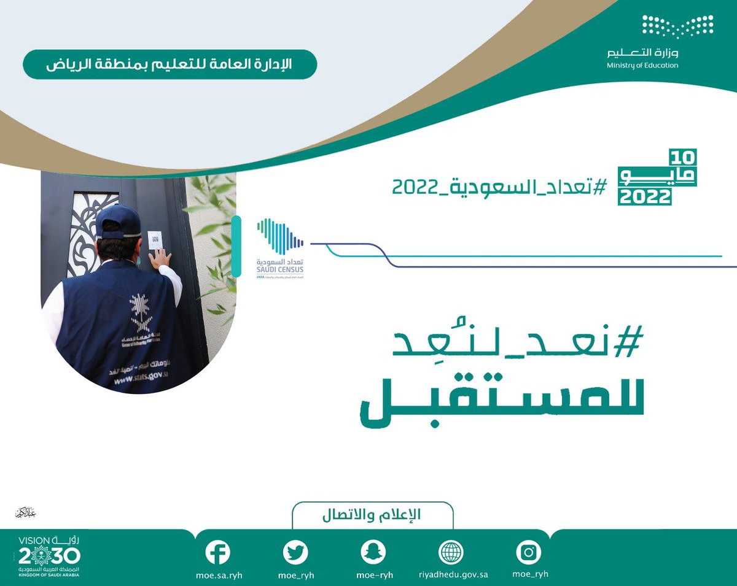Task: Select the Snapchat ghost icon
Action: (373, 552)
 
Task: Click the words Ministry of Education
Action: (642, 66)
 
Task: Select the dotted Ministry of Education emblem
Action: (677, 26)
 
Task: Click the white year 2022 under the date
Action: (645, 197)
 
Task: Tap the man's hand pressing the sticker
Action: (161, 260)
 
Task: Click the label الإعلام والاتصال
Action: (372, 515)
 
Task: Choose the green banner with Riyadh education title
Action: (170, 64)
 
